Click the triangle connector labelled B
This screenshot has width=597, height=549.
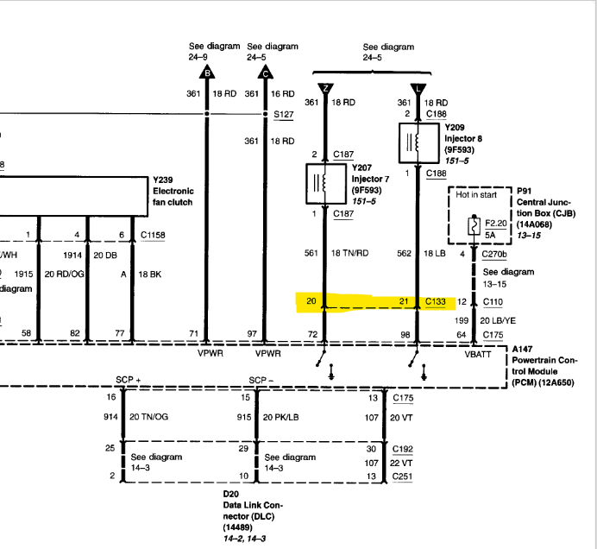click(205, 73)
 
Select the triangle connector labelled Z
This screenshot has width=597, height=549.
click(324, 86)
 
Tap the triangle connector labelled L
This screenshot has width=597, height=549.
click(418, 86)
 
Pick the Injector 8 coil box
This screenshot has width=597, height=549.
click(418, 142)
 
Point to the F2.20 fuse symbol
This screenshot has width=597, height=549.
click(473, 227)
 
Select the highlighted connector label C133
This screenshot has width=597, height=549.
click(437, 301)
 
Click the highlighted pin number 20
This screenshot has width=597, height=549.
click(311, 301)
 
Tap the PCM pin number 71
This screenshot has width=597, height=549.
click(193, 334)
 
